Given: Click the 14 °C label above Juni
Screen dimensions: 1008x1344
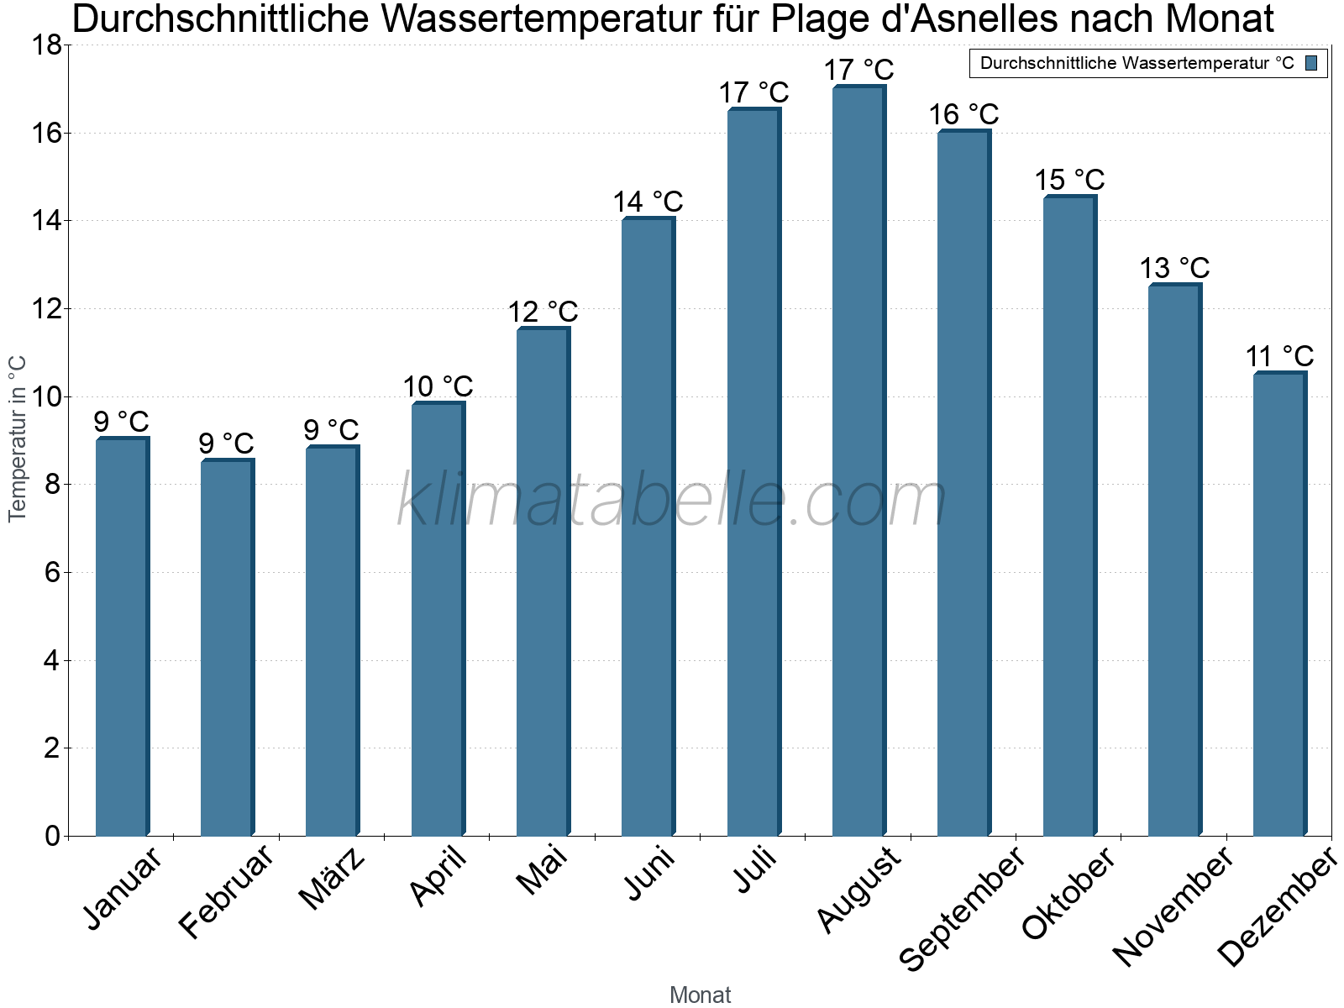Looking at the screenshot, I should click(x=648, y=202).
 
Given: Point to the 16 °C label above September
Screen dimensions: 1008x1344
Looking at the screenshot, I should click(x=963, y=114).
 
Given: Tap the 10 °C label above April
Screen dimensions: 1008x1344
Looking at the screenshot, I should click(x=438, y=387).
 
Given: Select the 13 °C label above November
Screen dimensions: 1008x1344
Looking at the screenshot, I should click(x=1174, y=269).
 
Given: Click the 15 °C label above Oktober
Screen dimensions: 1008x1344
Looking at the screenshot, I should click(x=1069, y=181).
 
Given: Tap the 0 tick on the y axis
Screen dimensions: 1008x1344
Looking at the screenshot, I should click(x=52, y=836).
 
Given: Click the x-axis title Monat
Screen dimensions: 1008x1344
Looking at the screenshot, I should click(x=700, y=995).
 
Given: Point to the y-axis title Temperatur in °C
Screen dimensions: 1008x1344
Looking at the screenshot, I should click(x=18, y=438).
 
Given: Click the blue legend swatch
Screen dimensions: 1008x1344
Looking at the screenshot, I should click(x=1312, y=63).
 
